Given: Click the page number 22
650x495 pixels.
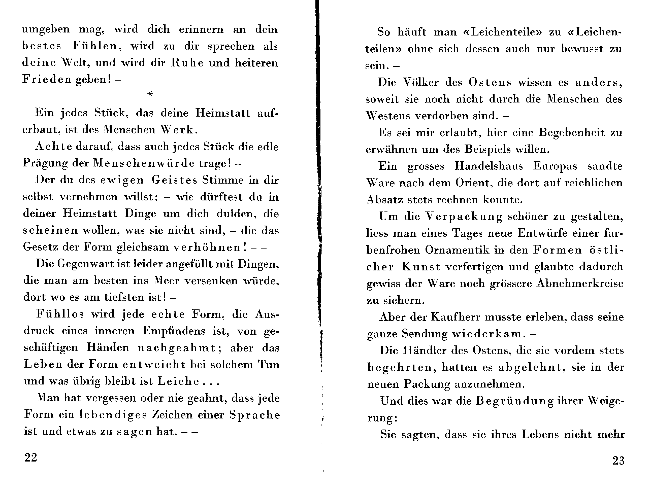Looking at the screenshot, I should tap(31, 457).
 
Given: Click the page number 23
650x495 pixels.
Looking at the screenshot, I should tap(618, 461).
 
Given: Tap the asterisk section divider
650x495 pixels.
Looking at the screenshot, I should tap(150, 94).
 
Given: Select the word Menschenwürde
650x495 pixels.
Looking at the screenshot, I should tap(144, 163).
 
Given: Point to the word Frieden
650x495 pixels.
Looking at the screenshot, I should tap(47, 80).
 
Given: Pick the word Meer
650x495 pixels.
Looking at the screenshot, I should tap(166, 280).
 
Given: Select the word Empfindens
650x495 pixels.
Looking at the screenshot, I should tap(174, 331).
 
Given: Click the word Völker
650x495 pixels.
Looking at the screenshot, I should tap(421, 83).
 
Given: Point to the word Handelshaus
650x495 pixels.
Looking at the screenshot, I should tap(489, 166).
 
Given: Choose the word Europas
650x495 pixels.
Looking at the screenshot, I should tap(555, 166).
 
